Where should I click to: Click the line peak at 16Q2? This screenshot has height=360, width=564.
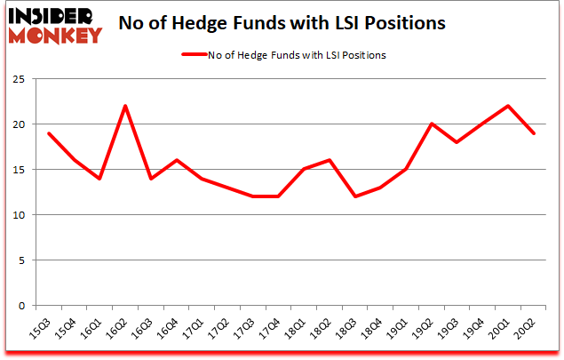[125, 106]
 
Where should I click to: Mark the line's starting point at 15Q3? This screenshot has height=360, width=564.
[49, 133]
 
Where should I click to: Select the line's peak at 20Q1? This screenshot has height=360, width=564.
[507, 106]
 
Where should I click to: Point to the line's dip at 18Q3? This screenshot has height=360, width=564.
[354, 196]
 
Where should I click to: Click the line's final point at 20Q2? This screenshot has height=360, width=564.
[533, 133]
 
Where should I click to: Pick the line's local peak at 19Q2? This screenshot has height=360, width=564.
[431, 124]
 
